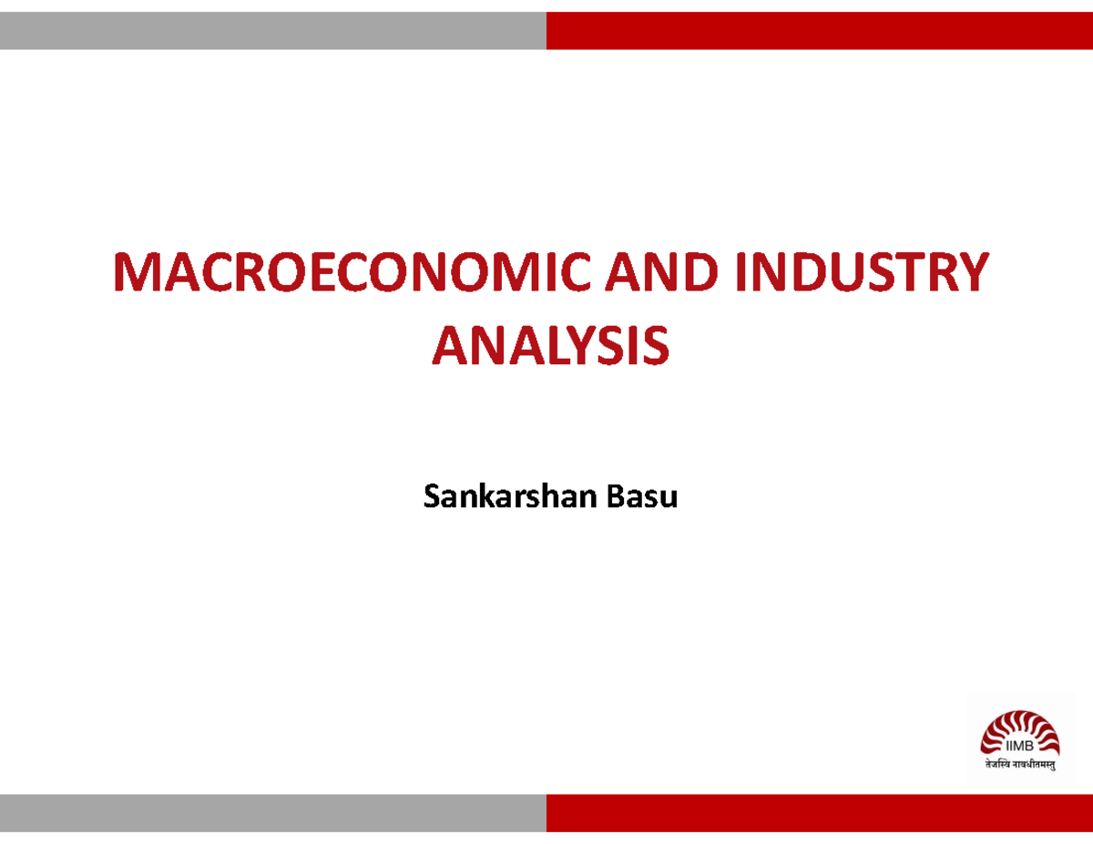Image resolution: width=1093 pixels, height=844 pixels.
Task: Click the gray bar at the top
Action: (273, 31)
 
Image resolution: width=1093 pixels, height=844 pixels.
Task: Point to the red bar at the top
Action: (820, 31)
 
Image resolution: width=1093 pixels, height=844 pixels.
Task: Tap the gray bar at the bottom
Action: (273, 812)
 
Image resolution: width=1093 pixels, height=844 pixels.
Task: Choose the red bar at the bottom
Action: (820, 812)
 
